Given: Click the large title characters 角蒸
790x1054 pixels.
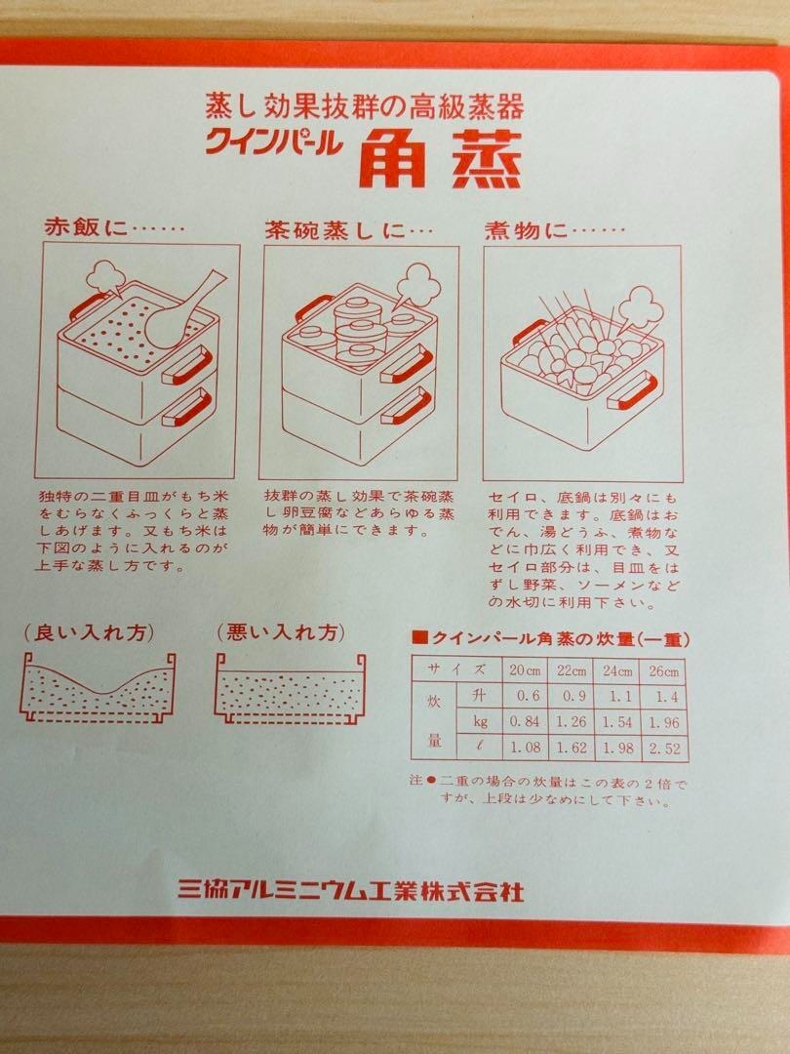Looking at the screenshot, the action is pos(440,159).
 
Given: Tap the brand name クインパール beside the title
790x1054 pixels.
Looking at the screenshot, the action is pos(273,142).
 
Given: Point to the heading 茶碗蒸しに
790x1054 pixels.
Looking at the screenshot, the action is pos(336,230).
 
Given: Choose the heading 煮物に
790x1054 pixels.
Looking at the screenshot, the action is pos(527,230).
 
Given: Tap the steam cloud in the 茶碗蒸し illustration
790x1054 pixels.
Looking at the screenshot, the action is pos(415,285).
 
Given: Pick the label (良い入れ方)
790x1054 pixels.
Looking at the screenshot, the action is pos(90,632).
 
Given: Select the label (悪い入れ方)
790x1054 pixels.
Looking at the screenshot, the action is pos(281,632).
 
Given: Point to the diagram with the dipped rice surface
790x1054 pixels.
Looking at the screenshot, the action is pos(99,687).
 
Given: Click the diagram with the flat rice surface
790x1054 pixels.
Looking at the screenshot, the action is pos(291,688).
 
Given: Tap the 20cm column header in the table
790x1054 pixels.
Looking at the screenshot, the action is pos(525,670).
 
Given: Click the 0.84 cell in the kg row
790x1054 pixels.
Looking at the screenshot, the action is pos(525,722).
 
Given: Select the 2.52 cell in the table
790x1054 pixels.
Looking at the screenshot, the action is pos(664,749).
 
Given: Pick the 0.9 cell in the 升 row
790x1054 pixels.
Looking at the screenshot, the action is pos(572,696).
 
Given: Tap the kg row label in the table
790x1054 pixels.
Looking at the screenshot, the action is pos(480,722).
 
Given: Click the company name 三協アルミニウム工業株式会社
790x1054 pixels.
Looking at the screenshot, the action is pos(351,890).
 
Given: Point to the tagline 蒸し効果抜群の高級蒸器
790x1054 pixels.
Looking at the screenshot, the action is pos(364,105).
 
